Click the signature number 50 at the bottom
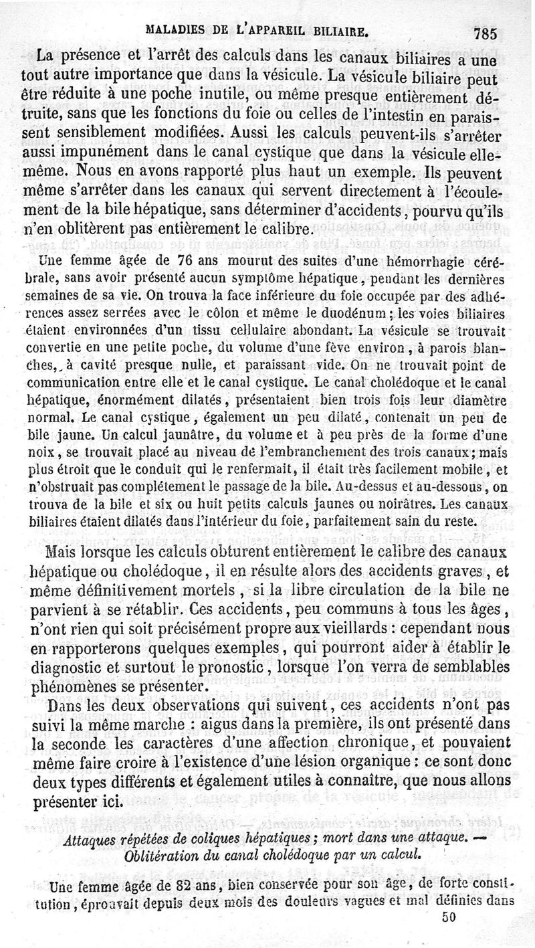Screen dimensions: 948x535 pyautogui.click(x=448, y=919)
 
